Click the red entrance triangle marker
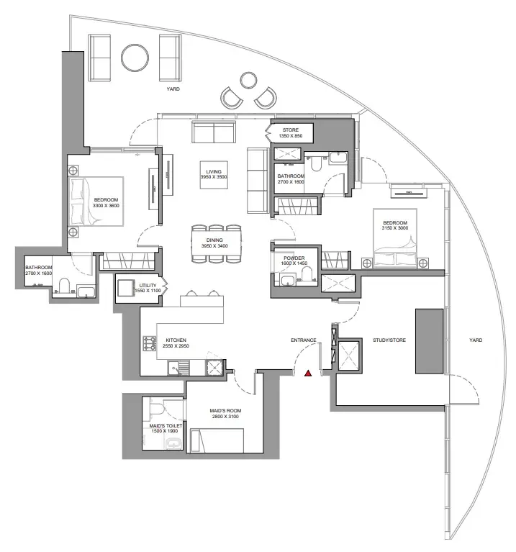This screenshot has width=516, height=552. pyautogui.click(x=308, y=374)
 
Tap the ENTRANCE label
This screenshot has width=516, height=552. pyautogui.click(x=304, y=340)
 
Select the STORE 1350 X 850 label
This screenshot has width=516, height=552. pyautogui.click(x=290, y=132)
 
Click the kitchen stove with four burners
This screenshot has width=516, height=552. pyautogui.click(x=150, y=343)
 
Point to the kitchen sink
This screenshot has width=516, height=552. pyautogui.click(x=173, y=368)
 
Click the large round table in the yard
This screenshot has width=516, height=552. pyautogui.click(x=135, y=58)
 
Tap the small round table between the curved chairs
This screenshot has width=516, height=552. pyautogui.click(x=248, y=81)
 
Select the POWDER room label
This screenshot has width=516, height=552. pyautogui.click(x=294, y=261)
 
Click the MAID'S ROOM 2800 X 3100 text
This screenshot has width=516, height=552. pyautogui.click(x=225, y=413)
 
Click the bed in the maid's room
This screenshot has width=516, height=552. pyautogui.click(x=217, y=440)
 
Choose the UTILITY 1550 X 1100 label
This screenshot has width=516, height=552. pyautogui.click(x=148, y=288)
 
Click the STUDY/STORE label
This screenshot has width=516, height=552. pyautogui.click(x=389, y=340)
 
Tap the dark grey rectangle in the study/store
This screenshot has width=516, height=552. pyautogui.click(x=429, y=341)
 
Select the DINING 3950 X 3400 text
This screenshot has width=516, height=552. pyautogui.click(x=214, y=243)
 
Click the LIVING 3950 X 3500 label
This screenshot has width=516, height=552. pyautogui.click(x=214, y=174)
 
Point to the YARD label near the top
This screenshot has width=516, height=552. pyautogui.click(x=173, y=89)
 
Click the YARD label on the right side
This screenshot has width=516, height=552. pyautogui.click(x=476, y=340)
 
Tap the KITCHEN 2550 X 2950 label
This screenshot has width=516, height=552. pyautogui.click(x=176, y=343)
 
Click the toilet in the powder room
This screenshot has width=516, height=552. pyautogui.click(x=307, y=274)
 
